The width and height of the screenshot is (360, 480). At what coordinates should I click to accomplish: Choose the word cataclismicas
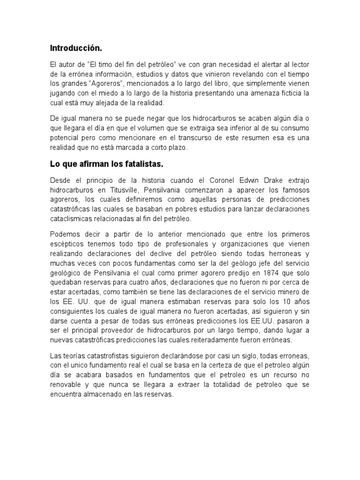74,219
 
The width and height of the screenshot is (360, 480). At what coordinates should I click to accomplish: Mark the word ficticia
285,94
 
